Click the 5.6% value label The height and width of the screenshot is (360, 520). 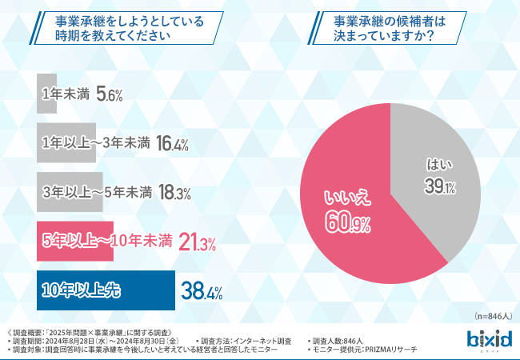109,94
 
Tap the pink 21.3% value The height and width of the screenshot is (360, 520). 198,242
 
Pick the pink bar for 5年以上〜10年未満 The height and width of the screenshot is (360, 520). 75,242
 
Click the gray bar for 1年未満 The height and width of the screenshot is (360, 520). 47,94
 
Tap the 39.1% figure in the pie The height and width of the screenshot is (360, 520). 439,187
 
